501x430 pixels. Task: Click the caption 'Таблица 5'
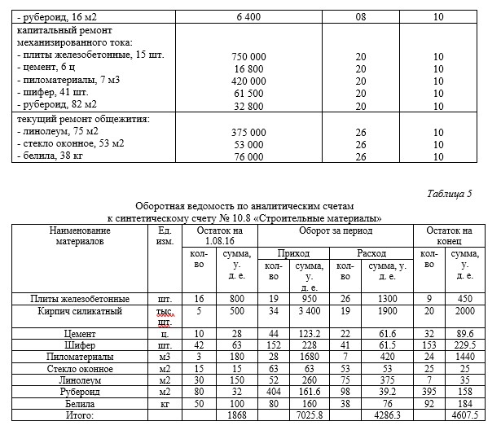tap(449, 194)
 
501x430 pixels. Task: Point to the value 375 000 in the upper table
tap(251, 132)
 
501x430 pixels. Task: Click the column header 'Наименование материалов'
tap(79, 236)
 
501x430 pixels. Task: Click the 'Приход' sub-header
tap(293, 253)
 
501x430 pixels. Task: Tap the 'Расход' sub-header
tap(371, 253)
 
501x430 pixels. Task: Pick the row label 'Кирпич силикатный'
tap(79, 311)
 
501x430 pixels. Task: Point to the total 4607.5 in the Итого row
tap(466, 416)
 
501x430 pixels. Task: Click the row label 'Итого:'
tap(79, 416)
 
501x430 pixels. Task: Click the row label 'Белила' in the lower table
tap(79, 403)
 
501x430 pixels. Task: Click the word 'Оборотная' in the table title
tap(161, 207)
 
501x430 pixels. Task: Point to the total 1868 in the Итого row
tap(236, 416)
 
